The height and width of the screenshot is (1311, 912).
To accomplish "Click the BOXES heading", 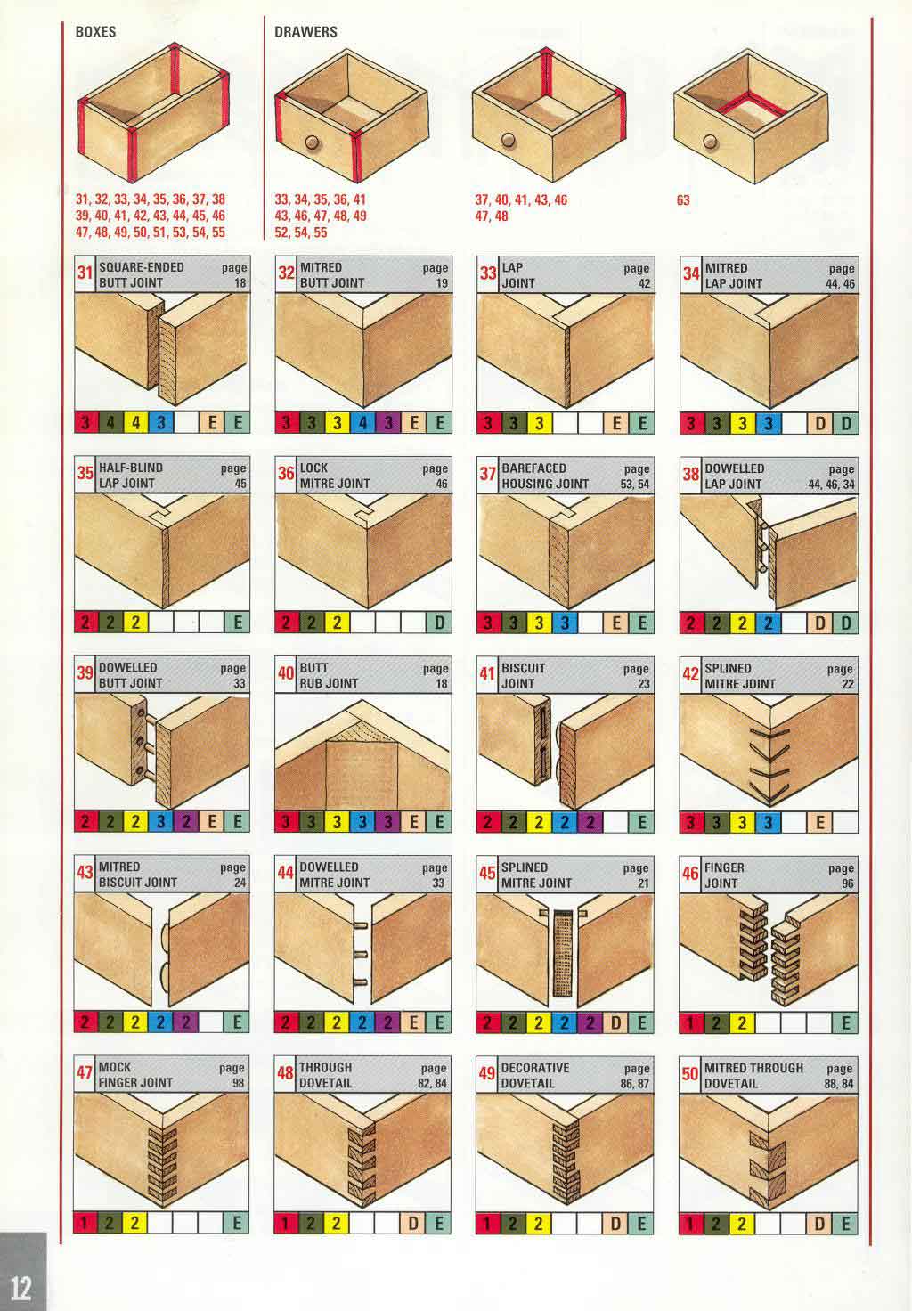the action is pos(95,31).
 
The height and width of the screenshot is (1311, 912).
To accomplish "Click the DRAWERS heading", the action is pos(305,31).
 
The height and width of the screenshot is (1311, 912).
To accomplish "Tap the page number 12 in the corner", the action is pos(20,1288).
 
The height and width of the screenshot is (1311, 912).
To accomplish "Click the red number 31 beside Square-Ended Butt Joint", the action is pos(85,273).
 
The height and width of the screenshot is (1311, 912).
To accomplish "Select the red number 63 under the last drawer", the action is pos(683,200).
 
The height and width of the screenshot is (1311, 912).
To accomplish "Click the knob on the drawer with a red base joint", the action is pos(711,141).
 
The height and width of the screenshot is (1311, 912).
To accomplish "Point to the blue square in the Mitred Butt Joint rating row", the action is pos(362,422).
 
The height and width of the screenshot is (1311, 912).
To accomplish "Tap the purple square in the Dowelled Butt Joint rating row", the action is pos(186,822).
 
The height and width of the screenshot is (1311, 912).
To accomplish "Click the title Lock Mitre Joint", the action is pos(334,476).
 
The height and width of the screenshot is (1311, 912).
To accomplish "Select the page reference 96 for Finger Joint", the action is pos(847,883).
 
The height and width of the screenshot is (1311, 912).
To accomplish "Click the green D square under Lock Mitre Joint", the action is pos(439,623).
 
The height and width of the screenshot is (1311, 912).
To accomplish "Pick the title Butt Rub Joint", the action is pos(329,675).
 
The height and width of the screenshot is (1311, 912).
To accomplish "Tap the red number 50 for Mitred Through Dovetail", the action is pos(689,1074).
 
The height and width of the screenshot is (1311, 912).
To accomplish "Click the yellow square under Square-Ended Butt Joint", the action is pos(135,422).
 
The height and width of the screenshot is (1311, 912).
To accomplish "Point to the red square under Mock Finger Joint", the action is pos(85,1223).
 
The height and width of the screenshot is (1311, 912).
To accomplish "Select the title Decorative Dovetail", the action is pos(534,1075).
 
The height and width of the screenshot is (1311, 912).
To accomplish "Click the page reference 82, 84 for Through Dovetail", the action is pos(433,1083).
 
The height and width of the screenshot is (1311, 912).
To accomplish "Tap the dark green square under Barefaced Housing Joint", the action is pos(513,623).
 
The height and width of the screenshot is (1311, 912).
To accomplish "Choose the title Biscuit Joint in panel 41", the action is pos(524,675).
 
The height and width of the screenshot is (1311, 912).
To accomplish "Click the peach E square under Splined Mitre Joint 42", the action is pos(819,822).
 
